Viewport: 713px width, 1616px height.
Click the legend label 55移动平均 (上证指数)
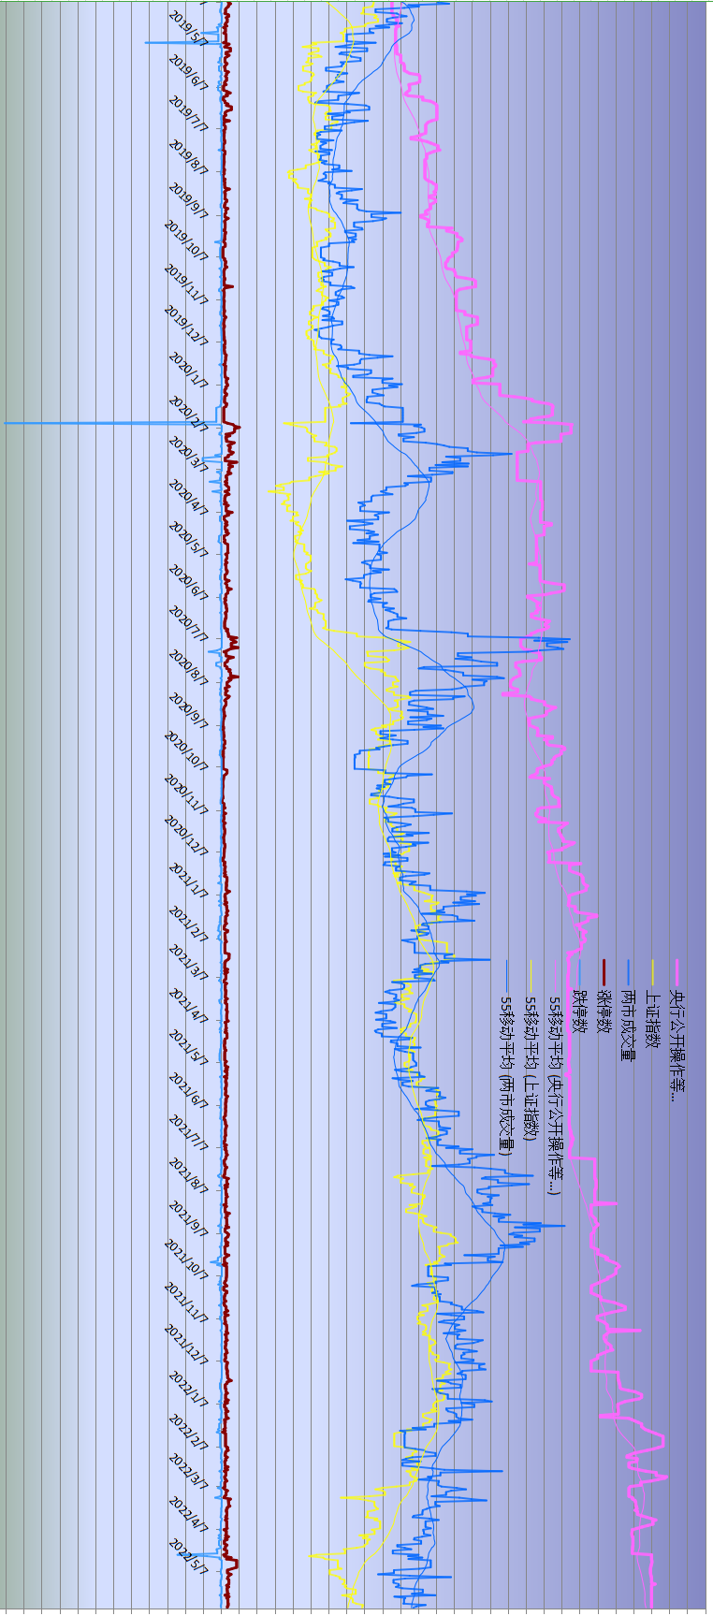(x=531, y=1069)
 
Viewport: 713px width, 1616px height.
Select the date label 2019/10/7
(x=185, y=240)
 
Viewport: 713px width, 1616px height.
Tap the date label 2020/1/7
(x=187, y=370)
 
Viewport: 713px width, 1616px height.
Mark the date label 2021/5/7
(x=187, y=1047)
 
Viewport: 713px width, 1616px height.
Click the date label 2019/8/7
(x=187, y=156)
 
